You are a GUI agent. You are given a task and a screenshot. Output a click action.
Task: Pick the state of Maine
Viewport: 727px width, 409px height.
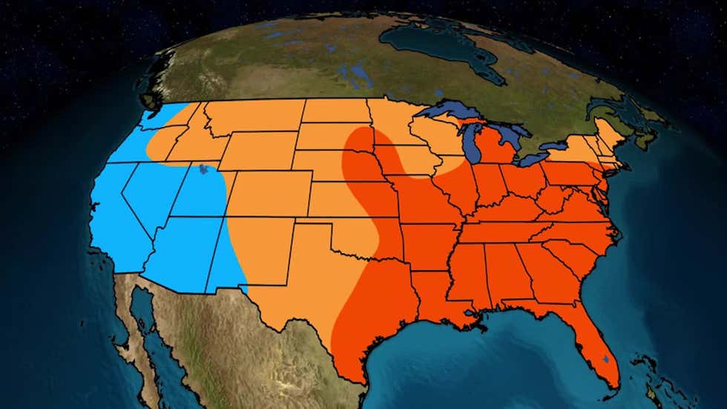pos(612,134)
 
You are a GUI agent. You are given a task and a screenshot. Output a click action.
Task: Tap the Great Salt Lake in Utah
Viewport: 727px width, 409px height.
pos(203,172)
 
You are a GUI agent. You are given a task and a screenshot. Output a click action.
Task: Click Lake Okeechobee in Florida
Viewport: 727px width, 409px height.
pos(606,359)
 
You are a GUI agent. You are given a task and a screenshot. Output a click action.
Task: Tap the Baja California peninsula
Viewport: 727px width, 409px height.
pos(137,327)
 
